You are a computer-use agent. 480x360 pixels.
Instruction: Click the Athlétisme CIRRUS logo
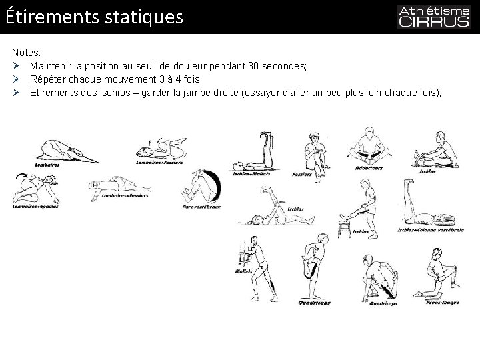[x=434, y=17]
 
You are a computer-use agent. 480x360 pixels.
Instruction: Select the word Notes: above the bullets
[x=26, y=51]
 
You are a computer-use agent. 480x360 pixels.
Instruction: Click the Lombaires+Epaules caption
[x=35, y=206]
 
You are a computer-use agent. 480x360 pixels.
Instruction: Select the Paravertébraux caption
[x=201, y=207]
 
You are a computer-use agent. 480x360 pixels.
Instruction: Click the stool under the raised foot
[x=344, y=229]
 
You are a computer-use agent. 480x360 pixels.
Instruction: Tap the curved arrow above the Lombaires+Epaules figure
[x=20, y=175]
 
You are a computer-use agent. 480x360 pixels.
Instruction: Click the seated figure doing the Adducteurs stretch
[x=367, y=146]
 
